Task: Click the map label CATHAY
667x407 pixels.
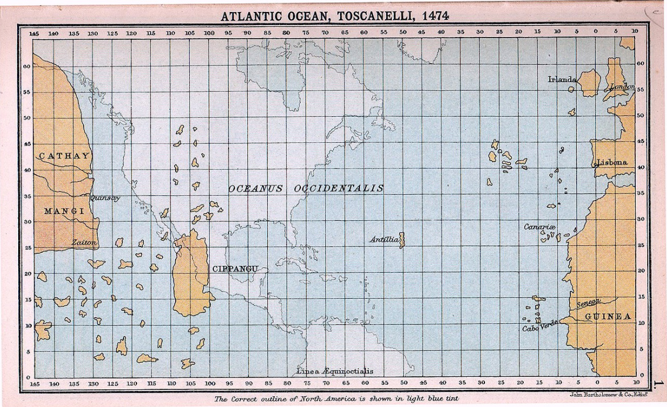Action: click(x=64, y=156)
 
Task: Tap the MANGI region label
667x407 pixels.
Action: click(x=64, y=211)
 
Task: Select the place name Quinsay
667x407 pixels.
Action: click(x=105, y=198)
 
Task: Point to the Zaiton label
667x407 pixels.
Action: click(x=84, y=242)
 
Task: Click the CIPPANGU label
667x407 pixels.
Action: click(x=235, y=269)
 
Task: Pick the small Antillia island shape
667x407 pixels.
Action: click(x=402, y=240)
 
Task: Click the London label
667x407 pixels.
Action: click(x=622, y=87)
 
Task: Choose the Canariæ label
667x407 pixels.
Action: click(x=539, y=227)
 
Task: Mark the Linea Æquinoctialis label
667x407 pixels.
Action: click(x=335, y=371)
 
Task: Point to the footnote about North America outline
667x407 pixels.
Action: click(x=336, y=398)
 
